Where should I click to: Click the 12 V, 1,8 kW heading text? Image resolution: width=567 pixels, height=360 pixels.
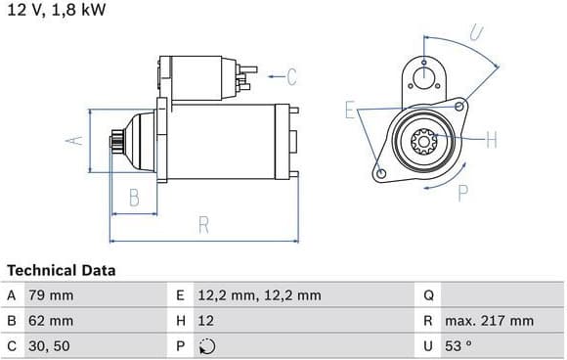pos(57,10)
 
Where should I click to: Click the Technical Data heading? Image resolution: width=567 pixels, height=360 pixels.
pos(62,270)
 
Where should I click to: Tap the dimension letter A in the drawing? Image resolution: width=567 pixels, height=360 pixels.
pos(74,141)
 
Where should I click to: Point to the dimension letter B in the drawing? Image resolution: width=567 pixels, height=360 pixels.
pos(134,198)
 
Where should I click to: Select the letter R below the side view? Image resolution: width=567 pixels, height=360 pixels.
pos(203,225)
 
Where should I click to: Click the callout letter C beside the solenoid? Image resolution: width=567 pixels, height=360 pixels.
pos(292,76)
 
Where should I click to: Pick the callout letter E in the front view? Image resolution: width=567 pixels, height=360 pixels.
pos(350,110)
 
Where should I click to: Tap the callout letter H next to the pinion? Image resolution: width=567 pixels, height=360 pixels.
pos(492,139)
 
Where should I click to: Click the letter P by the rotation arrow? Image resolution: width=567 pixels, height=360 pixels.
pos(462,193)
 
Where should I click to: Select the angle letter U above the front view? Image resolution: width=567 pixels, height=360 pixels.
pos(477,32)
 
